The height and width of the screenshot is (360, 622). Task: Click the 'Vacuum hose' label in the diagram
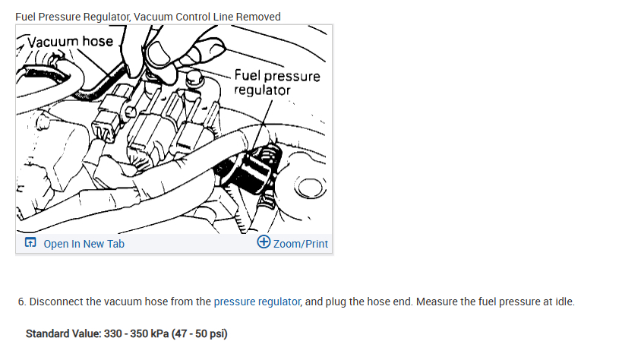click(70, 41)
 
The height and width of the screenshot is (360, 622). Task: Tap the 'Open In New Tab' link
click(84, 244)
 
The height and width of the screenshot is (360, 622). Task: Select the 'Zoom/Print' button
click(300, 244)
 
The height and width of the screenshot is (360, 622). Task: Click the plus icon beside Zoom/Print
click(264, 243)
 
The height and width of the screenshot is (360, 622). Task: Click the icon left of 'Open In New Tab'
click(30, 244)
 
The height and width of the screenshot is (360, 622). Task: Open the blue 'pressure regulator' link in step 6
click(257, 302)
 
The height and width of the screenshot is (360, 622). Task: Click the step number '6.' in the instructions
click(22, 302)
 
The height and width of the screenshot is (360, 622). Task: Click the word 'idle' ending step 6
click(564, 302)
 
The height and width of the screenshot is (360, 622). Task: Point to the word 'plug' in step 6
click(337, 302)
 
